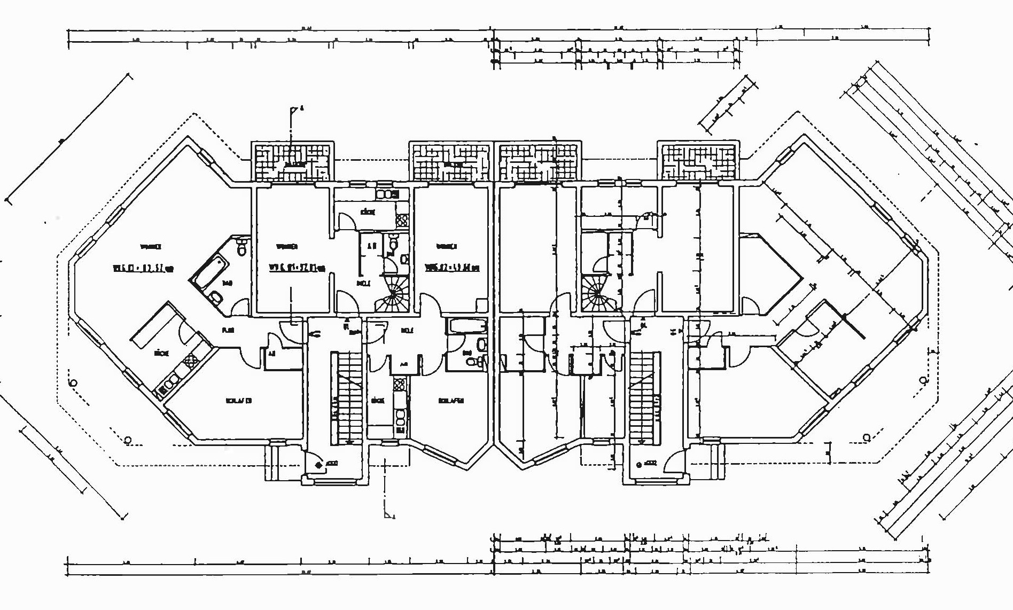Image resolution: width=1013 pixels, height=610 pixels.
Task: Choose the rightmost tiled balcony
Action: click(x=698, y=161)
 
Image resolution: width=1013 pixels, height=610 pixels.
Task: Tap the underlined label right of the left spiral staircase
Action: click(x=452, y=267)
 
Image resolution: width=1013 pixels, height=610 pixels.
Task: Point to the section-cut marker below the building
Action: click(x=389, y=514)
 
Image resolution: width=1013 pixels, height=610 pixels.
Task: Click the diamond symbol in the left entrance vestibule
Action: click(x=320, y=465)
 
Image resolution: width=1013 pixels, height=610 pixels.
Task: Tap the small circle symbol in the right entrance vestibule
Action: click(x=638, y=464)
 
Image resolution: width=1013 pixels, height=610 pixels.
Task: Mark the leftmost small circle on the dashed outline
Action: click(x=73, y=384)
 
